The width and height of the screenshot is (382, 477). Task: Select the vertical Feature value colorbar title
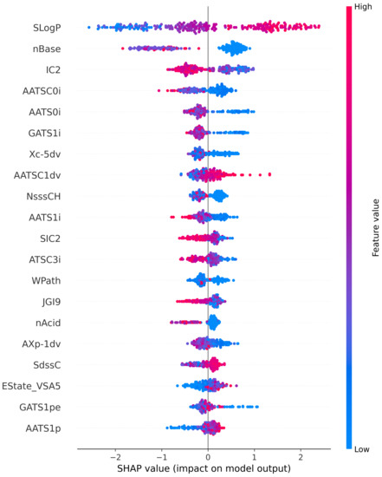tap(374, 227)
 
